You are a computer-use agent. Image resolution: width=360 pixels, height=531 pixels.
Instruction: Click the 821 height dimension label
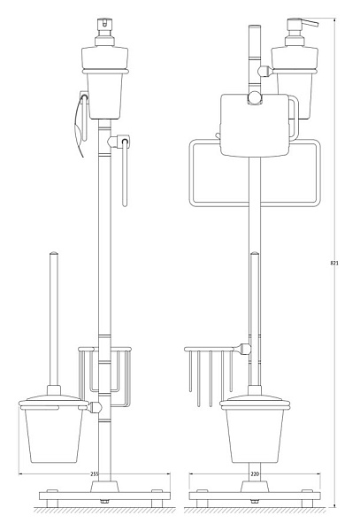334,263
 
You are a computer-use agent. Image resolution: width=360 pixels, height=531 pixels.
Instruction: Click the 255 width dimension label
95,474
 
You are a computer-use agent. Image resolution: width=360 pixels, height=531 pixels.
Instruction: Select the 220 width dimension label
255,474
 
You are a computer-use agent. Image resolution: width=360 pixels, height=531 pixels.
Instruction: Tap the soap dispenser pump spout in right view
310,23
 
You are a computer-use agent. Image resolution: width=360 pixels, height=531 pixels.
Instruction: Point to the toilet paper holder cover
255,126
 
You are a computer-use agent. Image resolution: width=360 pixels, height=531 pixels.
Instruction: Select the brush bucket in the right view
255,435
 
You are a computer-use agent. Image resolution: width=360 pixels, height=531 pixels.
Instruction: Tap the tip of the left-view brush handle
54,253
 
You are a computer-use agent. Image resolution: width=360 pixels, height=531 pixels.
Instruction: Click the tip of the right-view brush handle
255,253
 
